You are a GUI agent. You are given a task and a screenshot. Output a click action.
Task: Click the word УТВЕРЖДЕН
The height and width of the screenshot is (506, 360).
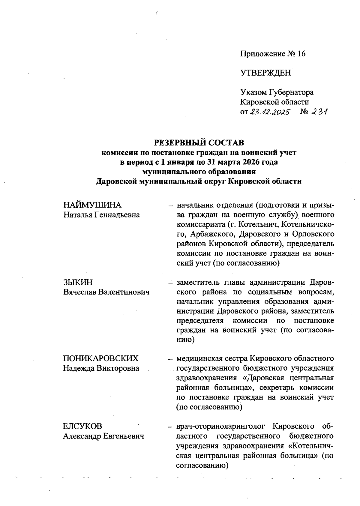[265, 73]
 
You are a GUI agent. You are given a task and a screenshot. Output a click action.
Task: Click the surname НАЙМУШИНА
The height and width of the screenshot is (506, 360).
[92, 205]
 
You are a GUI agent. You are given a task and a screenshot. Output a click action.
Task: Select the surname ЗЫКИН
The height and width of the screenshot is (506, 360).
[78, 282]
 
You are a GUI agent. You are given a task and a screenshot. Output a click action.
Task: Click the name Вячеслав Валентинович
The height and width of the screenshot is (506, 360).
[106, 292]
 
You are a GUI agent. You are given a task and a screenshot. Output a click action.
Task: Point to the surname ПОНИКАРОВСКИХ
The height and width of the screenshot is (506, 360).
[101, 358]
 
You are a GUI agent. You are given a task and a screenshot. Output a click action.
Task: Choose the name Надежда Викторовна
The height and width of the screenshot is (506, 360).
[101, 368]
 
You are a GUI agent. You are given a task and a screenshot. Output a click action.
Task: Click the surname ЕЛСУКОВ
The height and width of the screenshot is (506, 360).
[82, 426]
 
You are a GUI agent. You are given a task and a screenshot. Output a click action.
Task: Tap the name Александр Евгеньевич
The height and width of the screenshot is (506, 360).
[103, 436]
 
